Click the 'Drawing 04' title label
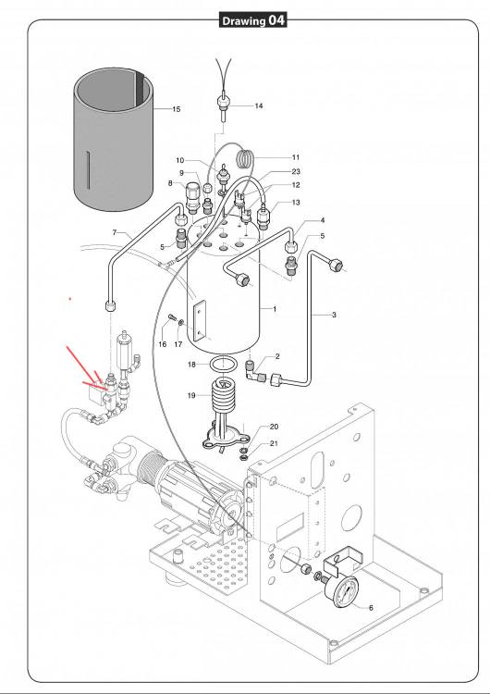[x=253, y=20]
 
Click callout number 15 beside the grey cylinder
[x=176, y=109]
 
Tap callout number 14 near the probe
[x=259, y=105]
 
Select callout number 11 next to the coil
[x=296, y=157]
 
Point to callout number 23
[x=296, y=171]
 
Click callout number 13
[x=296, y=203]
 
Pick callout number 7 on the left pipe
[x=115, y=232]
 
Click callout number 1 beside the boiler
[x=275, y=309]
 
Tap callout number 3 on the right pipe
[x=334, y=315]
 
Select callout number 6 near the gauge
[x=371, y=608]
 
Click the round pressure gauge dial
[x=342, y=591]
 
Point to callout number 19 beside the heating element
[x=191, y=395]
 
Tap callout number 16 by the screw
[x=163, y=344]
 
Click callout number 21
[x=275, y=443]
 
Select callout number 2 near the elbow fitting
[x=277, y=356]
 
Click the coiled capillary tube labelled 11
[x=246, y=158]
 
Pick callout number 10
[x=179, y=160]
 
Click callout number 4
[x=323, y=220]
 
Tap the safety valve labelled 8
[x=193, y=197]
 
